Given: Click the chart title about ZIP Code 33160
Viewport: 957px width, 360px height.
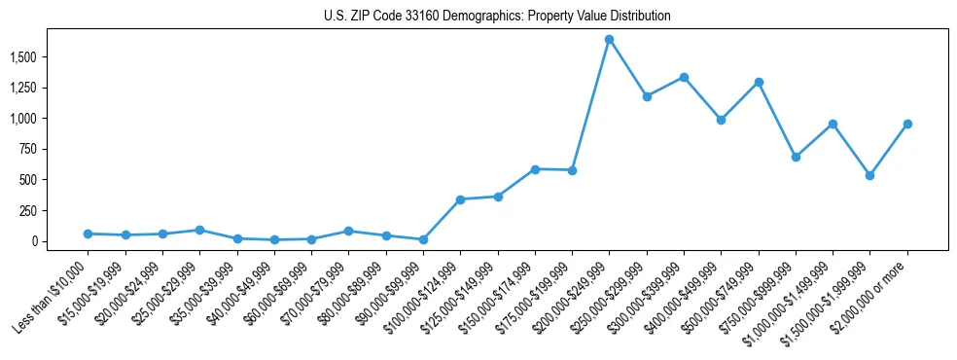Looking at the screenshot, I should (x=497, y=17).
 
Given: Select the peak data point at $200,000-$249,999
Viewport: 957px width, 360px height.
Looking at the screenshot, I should (x=609, y=40).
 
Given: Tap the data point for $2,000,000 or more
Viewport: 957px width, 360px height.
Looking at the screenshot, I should (x=907, y=124).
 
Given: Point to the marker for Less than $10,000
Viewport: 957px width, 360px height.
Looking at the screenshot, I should (x=88, y=234).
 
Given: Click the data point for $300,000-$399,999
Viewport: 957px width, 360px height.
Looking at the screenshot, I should (x=684, y=77).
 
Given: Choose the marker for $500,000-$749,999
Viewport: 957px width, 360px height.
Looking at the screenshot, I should (x=759, y=82).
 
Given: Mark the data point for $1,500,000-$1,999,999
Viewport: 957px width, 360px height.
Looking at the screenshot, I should (x=870, y=175).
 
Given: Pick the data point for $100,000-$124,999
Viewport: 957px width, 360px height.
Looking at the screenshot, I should (x=460, y=199).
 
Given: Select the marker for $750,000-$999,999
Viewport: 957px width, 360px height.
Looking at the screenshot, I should (x=796, y=157).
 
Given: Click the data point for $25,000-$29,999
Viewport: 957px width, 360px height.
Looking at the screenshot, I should (x=199, y=230).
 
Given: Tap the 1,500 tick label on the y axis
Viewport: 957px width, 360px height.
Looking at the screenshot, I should (x=22, y=57).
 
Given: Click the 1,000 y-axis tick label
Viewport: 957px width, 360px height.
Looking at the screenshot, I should (x=22, y=119).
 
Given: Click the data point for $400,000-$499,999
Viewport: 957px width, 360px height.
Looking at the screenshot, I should (x=721, y=120).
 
